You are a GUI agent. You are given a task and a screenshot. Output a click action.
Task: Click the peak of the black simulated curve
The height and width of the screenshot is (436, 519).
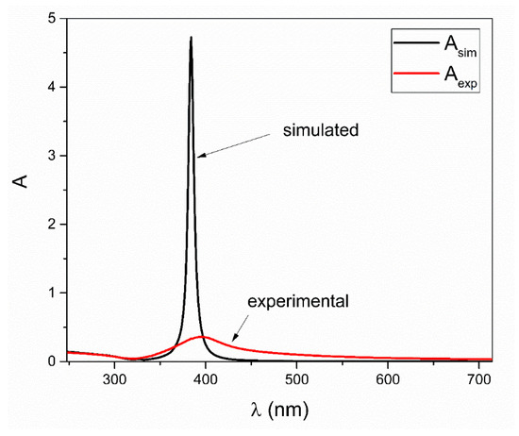pos(191,39)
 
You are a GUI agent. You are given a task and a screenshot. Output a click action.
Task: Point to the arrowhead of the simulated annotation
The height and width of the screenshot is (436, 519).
pos(197,155)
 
